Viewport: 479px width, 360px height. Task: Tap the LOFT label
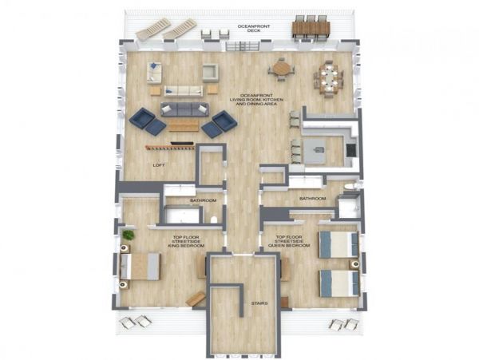point(159,165)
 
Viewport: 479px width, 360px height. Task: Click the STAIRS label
point(259,303)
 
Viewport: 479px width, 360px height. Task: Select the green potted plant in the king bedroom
point(129,235)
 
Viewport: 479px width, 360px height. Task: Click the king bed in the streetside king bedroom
point(141,267)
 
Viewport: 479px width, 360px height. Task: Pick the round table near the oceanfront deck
point(281,69)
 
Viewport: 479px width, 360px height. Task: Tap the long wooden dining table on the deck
point(311,29)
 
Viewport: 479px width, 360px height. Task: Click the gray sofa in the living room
point(185,109)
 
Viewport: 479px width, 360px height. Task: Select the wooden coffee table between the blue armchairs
point(184,125)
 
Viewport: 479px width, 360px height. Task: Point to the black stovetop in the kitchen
point(350,150)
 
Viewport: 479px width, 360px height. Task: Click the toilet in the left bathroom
point(214,220)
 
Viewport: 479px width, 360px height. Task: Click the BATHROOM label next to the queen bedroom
point(312,199)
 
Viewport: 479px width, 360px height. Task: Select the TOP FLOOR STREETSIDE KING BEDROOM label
point(186,241)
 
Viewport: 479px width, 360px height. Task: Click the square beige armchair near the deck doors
point(211,73)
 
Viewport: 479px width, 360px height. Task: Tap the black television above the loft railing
point(182,143)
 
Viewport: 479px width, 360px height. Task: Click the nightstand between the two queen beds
point(354,264)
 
